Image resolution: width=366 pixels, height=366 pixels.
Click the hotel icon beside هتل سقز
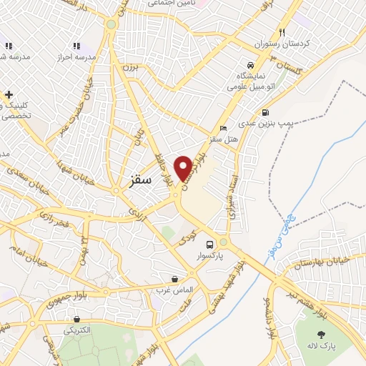point(224,129)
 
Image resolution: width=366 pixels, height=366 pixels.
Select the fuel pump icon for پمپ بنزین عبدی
point(266,112)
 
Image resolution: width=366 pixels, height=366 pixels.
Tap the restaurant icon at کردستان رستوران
point(283,32)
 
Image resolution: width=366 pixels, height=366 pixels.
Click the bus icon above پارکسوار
point(209,243)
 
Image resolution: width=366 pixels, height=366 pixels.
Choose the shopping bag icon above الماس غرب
point(175,279)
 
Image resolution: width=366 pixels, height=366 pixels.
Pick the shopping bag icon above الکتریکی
point(77,320)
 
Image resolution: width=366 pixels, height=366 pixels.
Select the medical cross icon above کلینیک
point(9,94)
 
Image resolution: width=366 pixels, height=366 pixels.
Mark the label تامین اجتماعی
point(171,4)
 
